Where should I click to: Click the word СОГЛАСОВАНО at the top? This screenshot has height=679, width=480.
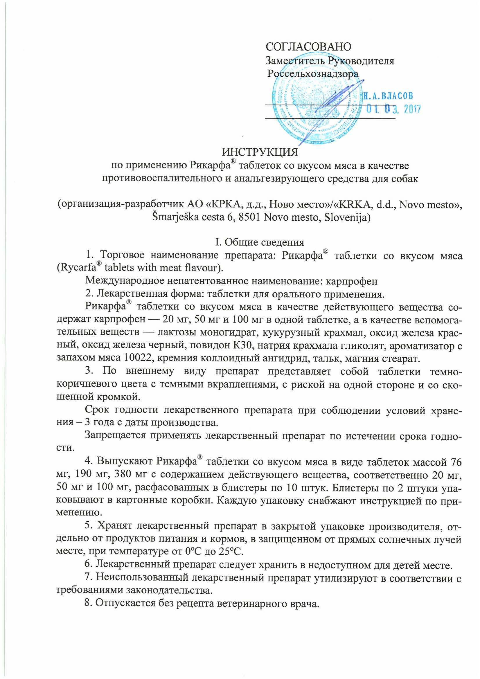309,46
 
